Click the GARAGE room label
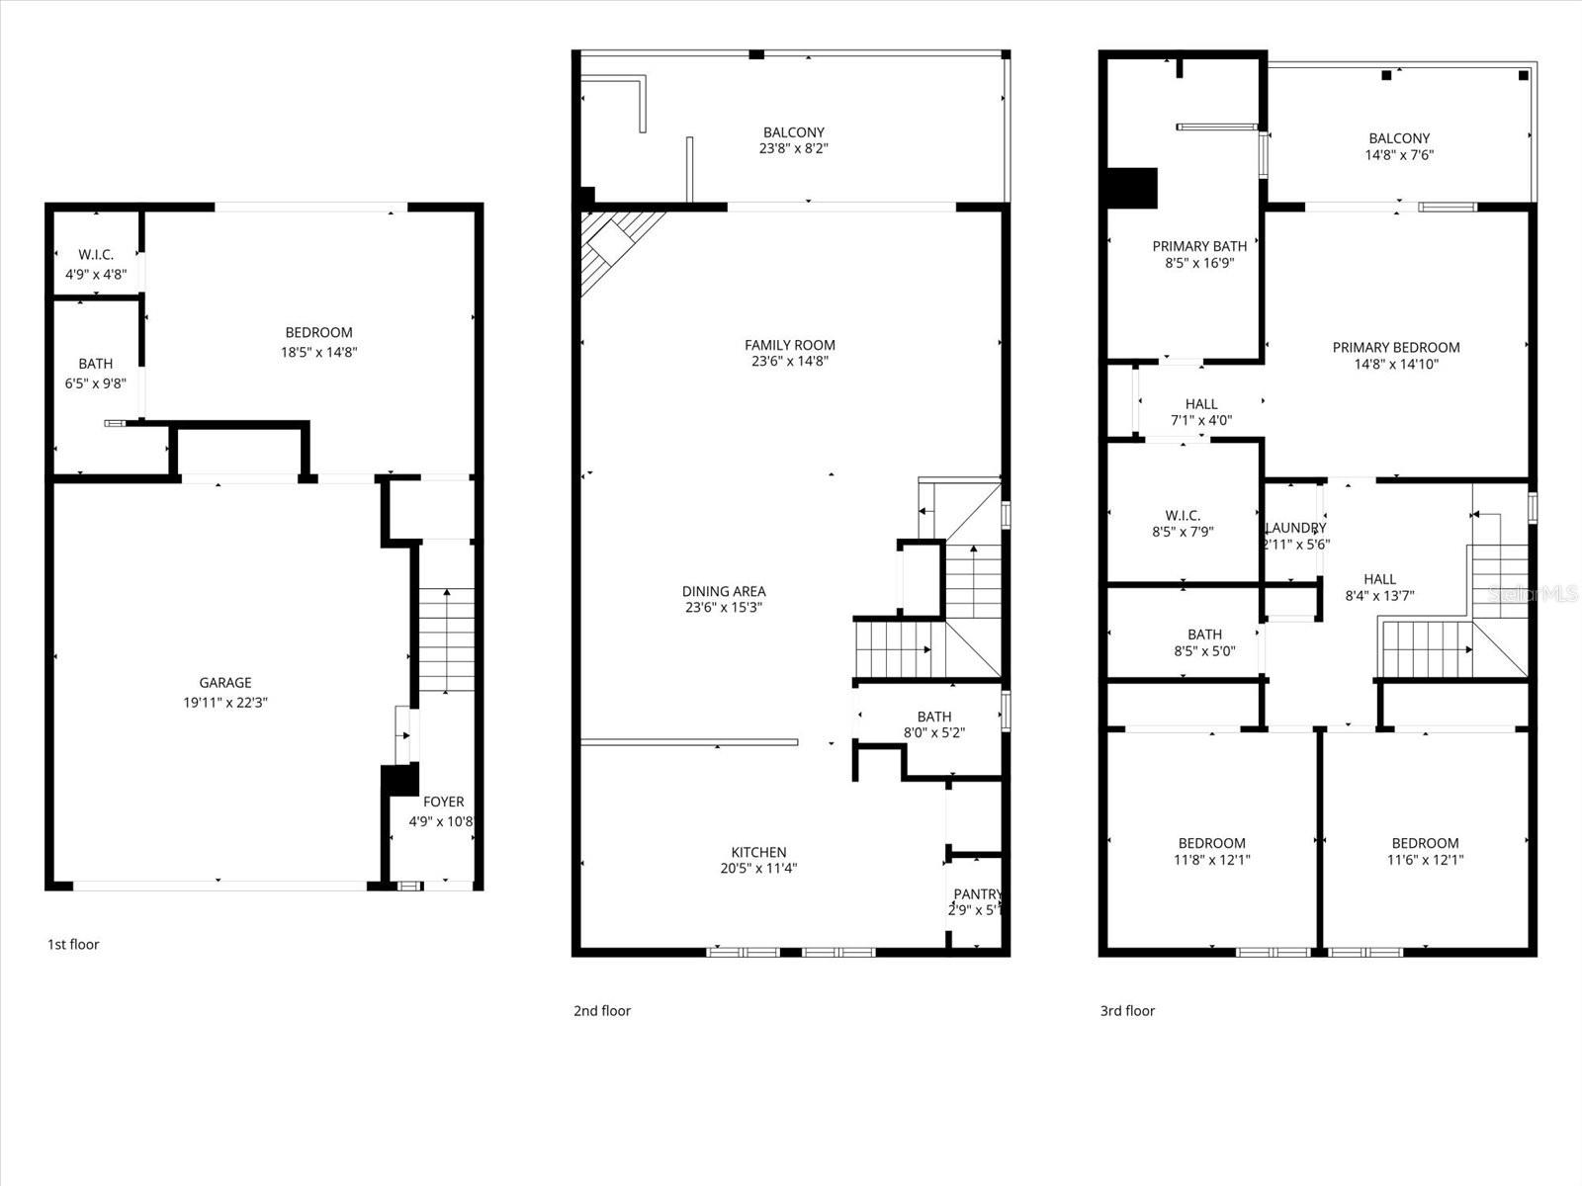coord(225,683)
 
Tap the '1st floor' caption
coord(73,944)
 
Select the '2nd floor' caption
coord(601,1010)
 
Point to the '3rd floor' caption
coord(1127,1010)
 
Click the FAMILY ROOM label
coord(789,345)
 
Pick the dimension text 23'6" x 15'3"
coord(723,608)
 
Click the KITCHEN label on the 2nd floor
coord(758,852)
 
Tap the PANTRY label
coord(977,894)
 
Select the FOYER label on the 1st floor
coord(443,802)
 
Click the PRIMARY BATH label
coord(1199,246)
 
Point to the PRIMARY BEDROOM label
coord(1395,347)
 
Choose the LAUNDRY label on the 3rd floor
coord(1295,528)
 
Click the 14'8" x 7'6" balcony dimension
coord(1399,155)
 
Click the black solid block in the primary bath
coord(1131,188)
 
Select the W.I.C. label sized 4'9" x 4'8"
coord(96,255)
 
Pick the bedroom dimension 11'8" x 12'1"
coord(1211,860)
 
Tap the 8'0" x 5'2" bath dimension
coord(933,733)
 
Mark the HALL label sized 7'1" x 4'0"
coord(1200,403)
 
